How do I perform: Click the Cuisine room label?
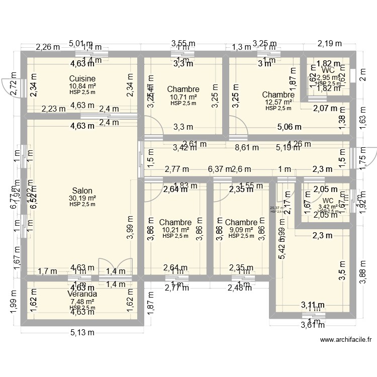82,79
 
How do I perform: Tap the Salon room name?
82,191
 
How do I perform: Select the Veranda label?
82,294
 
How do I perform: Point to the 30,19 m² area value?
82,198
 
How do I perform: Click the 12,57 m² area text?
278,102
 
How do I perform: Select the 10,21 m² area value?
175,230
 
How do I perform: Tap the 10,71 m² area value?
183,97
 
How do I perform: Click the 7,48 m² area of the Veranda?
82,302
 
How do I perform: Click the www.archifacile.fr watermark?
346,340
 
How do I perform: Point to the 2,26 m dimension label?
47,47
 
